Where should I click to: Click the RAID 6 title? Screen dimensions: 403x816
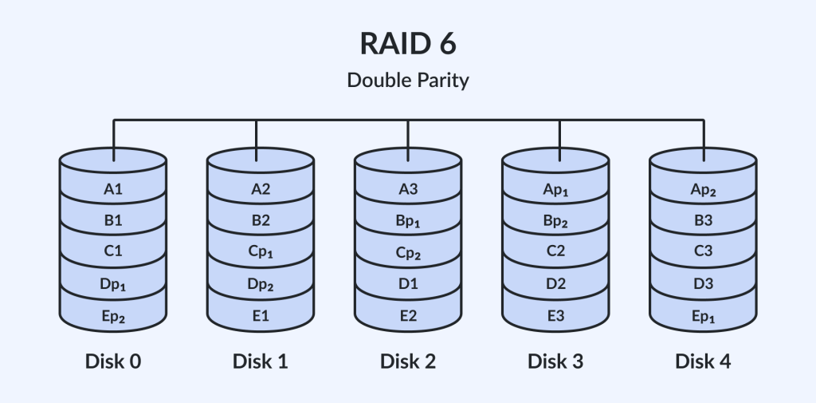pos(408,44)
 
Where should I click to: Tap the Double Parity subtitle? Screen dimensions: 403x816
pos(408,81)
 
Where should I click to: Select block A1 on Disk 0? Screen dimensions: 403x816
pos(113,189)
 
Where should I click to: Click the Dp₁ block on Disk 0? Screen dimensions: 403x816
pos(113,284)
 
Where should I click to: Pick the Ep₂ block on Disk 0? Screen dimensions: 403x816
pos(113,316)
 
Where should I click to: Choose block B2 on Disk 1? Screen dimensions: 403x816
pos(261,221)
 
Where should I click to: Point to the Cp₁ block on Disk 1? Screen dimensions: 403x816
pos(261,253)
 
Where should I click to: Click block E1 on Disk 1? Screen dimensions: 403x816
pos(261,316)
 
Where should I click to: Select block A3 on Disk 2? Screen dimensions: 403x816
pos(408,189)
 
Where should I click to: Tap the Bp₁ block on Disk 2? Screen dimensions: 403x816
pos(408,221)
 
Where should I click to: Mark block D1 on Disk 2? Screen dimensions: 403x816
pos(408,284)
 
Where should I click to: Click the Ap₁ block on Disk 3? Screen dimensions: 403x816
pos(555,189)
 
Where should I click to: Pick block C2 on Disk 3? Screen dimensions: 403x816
pos(555,253)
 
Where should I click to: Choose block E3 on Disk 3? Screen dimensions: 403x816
pos(555,316)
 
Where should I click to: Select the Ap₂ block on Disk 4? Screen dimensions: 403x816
pos(703,189)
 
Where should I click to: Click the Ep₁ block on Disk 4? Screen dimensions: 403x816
pos(703,316)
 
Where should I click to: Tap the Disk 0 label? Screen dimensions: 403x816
pos(113,361)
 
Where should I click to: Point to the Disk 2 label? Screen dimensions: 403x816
pos(408,361)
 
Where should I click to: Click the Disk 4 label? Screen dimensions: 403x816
pos(703,361)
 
